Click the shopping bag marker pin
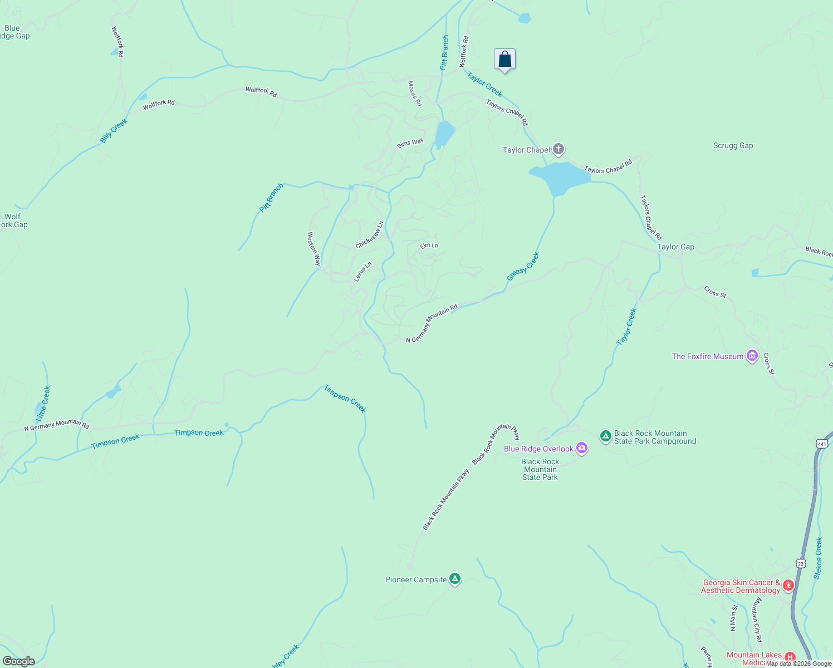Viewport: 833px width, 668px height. click(504, 59)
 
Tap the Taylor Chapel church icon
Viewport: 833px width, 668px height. click(558, 149)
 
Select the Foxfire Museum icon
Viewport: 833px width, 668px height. click(752, 356)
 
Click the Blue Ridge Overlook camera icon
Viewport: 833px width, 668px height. click(582, 448)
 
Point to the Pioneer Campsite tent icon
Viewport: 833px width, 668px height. click(455, 579)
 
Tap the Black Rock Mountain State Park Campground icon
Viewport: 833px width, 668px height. click(606, 436)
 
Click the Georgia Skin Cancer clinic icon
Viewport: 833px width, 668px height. click(788, 585)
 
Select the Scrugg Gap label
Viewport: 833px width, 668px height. click(733, 146)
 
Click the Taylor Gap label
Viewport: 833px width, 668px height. click(675, 247)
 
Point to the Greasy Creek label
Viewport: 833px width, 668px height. click(523, 267)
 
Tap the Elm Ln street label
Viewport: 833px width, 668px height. click(429, 245)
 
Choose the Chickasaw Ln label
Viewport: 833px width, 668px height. click(370, 235)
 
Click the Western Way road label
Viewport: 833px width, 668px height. click(314, 248)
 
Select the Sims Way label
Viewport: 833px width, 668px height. click(410, 143)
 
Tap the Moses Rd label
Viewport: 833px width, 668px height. click(415, 94)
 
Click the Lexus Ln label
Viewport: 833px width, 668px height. click(363, 272)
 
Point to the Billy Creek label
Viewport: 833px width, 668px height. click(114, 131)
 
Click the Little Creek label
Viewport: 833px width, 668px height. click(43, 404)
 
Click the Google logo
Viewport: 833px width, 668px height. click(19, 661)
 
